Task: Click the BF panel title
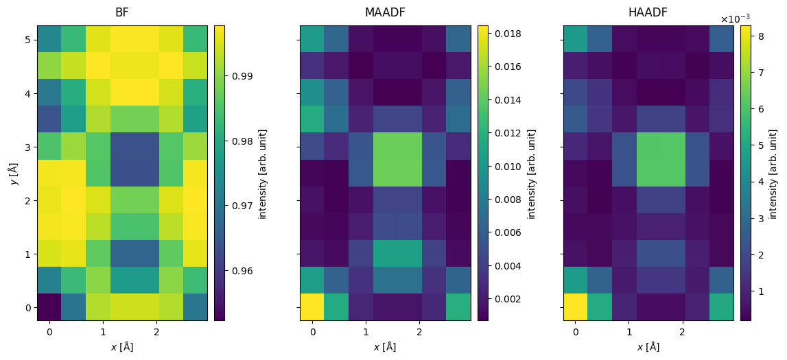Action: (122, 12)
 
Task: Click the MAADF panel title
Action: (385, 12)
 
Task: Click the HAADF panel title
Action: (648, 12)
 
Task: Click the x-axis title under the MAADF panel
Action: (385, 347)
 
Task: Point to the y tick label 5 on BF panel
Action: (28, 40)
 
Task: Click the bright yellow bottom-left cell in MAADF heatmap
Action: (312, 307)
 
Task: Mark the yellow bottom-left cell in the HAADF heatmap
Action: (575, 307)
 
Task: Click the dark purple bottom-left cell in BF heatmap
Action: (49, 307)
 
